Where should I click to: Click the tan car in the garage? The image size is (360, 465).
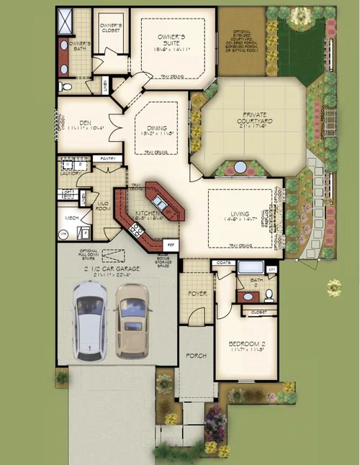click(x=132, y=317)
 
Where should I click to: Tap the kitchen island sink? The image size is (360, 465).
click(x=163, y=206)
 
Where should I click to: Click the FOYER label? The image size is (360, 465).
click(x=197, y=294)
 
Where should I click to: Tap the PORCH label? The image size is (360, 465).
click(x=197, y=356)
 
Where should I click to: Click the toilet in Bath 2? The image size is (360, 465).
click(x=267, y=295)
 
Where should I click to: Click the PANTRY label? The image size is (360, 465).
click(x=108, y=158)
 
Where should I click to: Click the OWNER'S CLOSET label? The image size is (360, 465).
click(x=110, y=26)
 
